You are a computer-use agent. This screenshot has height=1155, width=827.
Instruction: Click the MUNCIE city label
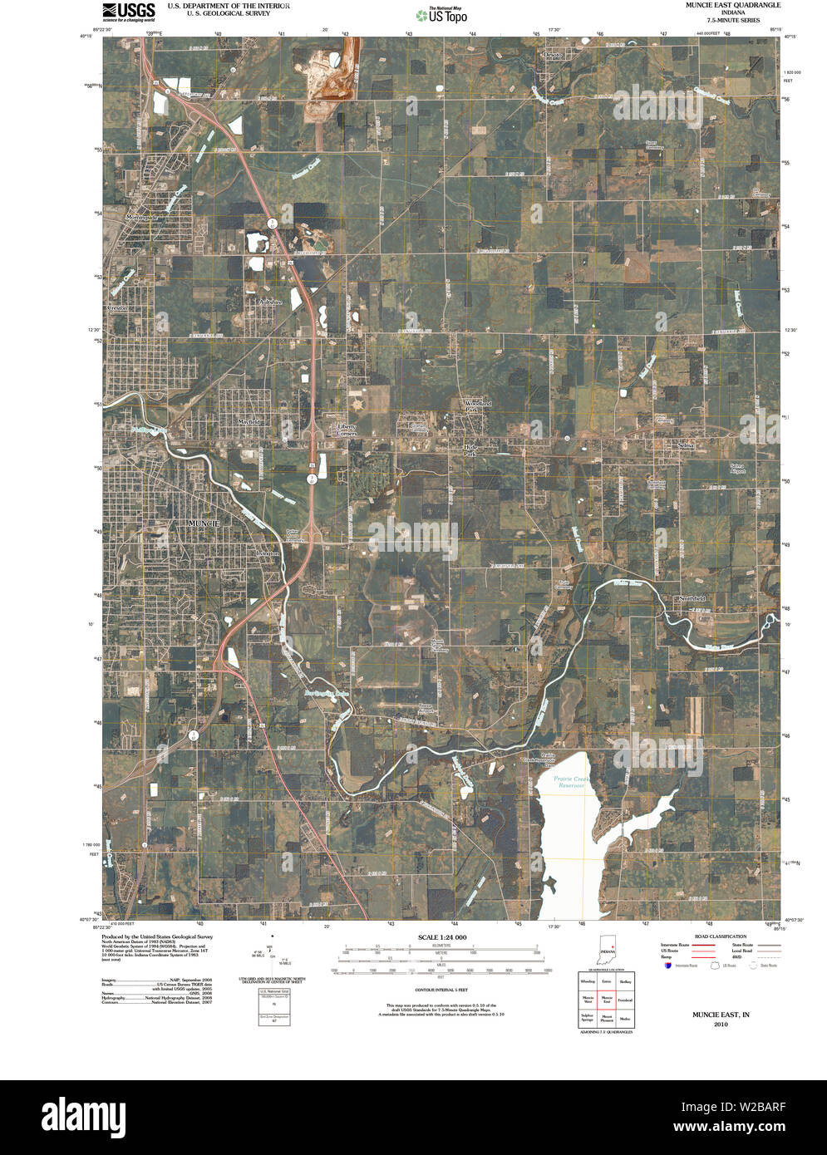pos(204,523)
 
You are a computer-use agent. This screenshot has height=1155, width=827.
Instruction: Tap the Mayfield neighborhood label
pos(249,422)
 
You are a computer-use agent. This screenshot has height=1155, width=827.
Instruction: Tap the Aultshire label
pos(270,302)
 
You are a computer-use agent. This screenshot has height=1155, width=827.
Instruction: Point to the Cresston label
pos(117,307)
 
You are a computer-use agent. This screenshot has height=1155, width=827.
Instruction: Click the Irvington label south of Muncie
pos(265,551)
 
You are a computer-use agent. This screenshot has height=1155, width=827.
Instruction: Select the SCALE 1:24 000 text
pos(441,937)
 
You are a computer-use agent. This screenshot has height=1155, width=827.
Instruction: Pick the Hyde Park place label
pos(470,450)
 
